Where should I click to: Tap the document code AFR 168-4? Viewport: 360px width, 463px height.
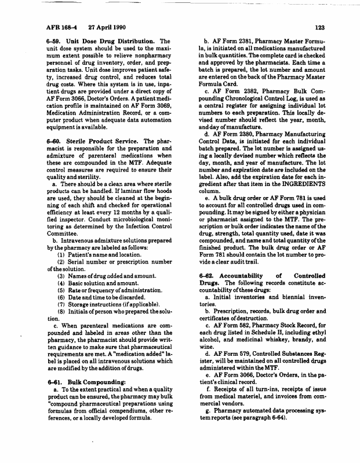pos(60,27)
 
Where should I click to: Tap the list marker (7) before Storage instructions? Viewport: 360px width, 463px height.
pos(60,302)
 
